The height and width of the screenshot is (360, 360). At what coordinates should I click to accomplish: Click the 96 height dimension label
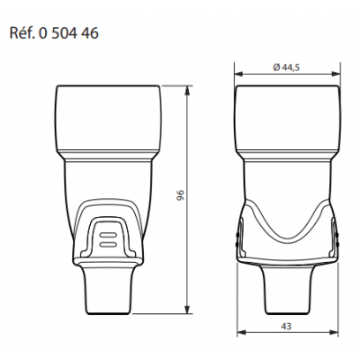point(180,199)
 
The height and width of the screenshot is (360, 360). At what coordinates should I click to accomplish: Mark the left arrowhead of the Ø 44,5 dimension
point(238,73)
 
